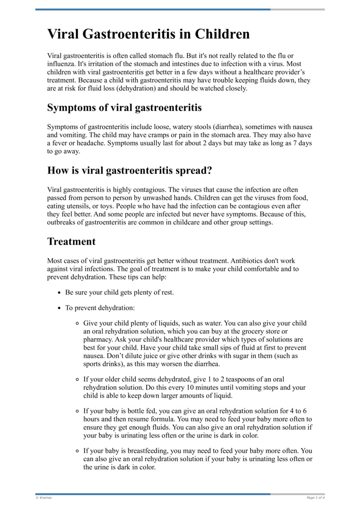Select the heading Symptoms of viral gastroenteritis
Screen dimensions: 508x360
pyautogui.click(x=125, y=108)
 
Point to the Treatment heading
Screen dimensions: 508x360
pyautogui.click(x=72, y=241)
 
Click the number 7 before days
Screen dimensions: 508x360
pyautogui.click(x=296, y=143)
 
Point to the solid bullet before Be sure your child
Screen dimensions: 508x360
pyautogui.click(x=60, y=293)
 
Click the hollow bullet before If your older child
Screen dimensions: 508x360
pyautogui.click(x=77, y=379)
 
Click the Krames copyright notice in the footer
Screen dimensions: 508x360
pyautogui.click(x=44, y=498)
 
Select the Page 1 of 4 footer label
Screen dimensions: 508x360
pyautogui.click(x=315, y=498)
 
